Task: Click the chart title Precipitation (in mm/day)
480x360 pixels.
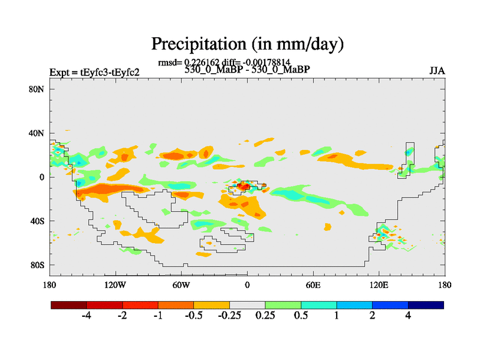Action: click(x=247, y=44)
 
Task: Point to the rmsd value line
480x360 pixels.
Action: click(x=224, y=62)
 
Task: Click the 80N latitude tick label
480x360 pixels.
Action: click(x=38, y=89)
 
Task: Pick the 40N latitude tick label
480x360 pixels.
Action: click(x=38, y=133)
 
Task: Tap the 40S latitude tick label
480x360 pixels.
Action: click(x=38, y=221)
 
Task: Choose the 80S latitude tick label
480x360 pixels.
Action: click(x=38, y=265)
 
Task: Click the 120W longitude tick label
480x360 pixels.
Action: click(x=115, y=284)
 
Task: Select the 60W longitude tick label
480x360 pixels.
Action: click(x=181, y=284)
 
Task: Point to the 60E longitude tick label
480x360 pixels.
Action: click(x=313, y=284)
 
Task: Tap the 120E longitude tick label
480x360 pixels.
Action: click(x=379, y=284)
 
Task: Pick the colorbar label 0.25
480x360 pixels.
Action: click(x=264, y=316)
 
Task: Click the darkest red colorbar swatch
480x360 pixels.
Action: click(x=69, y=305)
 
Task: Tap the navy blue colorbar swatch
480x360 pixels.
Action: click(x=426, y=305)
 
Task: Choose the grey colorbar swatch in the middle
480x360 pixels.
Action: click(x=247, y=305)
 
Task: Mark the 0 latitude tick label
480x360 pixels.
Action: click(x=43, y=177)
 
